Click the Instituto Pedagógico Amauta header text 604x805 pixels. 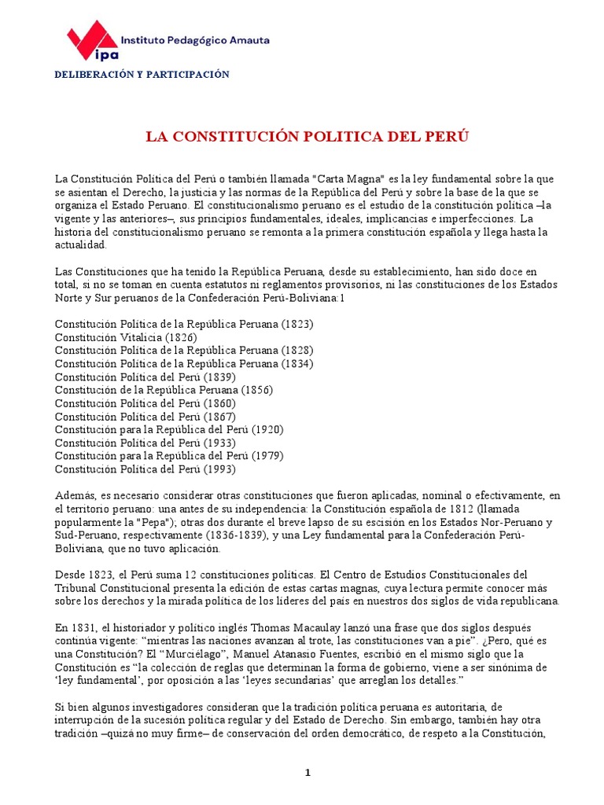click(x=195, y=38)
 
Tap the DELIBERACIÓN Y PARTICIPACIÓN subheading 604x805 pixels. click(x=142, y=75)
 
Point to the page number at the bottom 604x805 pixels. click(x=309, y=773)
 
